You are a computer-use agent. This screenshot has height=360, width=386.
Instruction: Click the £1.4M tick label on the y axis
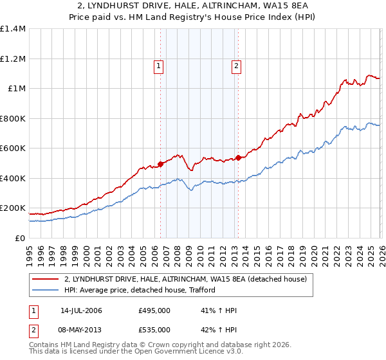coord(12,29)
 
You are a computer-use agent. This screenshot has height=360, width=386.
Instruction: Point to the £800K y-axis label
coord(12,118)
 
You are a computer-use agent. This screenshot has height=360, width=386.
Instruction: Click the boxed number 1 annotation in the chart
coord(158,65)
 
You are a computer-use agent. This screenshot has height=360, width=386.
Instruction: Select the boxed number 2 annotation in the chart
coord(236,65)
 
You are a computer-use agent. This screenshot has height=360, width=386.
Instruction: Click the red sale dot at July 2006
coord(160,164)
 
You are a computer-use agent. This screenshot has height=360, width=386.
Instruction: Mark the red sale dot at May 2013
coord(238,157)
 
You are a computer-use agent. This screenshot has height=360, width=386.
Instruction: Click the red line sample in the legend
coord(46,280)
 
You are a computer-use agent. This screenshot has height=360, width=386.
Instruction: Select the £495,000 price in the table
coord(154,310)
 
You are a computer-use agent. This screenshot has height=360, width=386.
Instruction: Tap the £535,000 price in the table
coord(154,330)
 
